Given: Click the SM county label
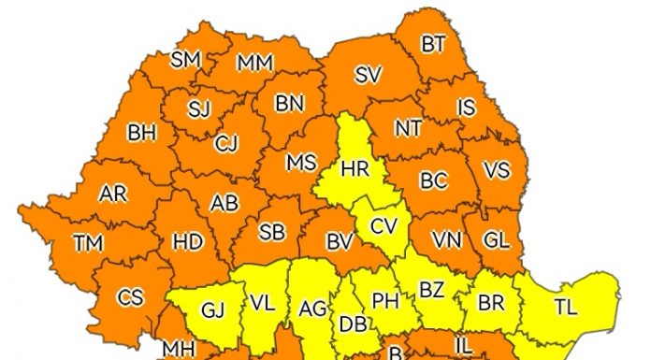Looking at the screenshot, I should pyautogui.click(x=186, y=60).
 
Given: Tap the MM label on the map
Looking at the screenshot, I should pyautogui.click(x=254, y=64).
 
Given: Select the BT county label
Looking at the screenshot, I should pyautogui.click(x=433, y=44).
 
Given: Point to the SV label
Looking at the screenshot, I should pyautogui.click(x=368, y=77).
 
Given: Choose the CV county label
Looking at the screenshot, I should pyautogui.click(x=383, y=225).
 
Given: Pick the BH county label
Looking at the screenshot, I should pyautogui.click(x=141, y=133).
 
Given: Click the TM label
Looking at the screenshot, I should pyautogui.click(x=88, y=243).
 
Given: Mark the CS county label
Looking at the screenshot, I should pyautogui.click(x=130, y=297).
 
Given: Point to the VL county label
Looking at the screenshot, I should pyautogui.click(x=262, y=304).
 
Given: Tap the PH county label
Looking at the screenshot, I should pyautogui.click(x=385, y=301).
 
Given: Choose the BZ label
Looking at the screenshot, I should pyautogui.click(x=431, y=291).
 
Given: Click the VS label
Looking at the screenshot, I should pyautogui.click(x=496, y=171).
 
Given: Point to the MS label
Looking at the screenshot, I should pyautogui.click(x=301, y=162).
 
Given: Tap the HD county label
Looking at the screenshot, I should pyautogui.click(x=188, y=241).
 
